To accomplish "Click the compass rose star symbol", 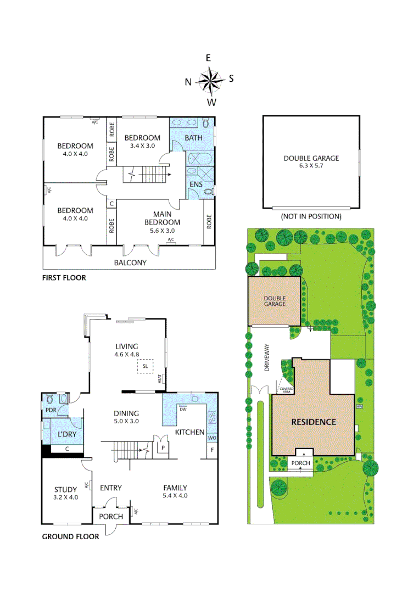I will coord(209,81).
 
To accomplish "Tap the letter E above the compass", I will coord(209,58).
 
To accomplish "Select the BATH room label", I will coord(193,138).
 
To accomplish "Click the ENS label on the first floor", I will coord(196,184).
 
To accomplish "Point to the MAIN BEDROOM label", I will coord(162,219).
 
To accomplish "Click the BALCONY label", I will coord(130,262).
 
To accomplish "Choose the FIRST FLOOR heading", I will coord(64,278).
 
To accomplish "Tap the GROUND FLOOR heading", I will coord(70,536).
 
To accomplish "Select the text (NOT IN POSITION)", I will coord(311,216).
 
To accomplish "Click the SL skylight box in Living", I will coord(145,366).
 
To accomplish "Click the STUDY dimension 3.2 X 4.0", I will coord(66,497).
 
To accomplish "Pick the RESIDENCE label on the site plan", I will coord(313,422).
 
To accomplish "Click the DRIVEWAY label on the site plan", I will coord(266,359).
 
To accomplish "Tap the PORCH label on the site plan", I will coord(300,463).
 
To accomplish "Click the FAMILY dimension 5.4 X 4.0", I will coord(175,495).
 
